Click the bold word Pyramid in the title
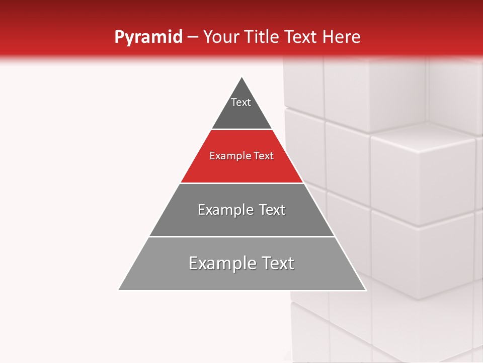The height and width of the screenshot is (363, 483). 148,37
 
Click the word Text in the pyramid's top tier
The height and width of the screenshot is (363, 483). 241,102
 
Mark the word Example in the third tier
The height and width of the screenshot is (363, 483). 223,210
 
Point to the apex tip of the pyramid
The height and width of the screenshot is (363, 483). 242,78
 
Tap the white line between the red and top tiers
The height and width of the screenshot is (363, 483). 242,130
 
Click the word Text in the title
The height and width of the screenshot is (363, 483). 302,37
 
